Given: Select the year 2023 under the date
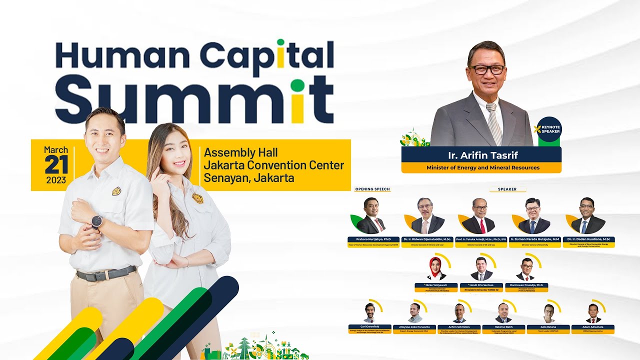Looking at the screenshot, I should [x=56, y=180].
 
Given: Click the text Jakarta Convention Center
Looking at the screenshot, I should [x=273, y=165].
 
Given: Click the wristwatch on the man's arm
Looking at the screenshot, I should [x=96, y=221].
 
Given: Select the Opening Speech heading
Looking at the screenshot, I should [x=372, y=189].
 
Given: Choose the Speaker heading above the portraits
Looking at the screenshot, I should [x=507, y=189].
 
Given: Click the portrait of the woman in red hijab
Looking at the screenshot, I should [x=435, y=268].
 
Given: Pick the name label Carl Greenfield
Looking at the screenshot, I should [x=370, y=326].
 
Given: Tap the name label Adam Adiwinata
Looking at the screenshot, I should [x=593, y=326].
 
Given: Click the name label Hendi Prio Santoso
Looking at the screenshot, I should [x=481, y=285].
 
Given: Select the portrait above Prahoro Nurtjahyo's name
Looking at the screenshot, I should [x=370, y=216].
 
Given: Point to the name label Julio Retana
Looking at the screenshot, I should [x=548, y=326].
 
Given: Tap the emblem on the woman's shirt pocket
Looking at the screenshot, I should [x=197, y=198].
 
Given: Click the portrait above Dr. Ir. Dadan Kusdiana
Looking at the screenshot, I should [x=587, y=216].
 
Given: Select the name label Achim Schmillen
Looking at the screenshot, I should [x=459, y=326].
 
